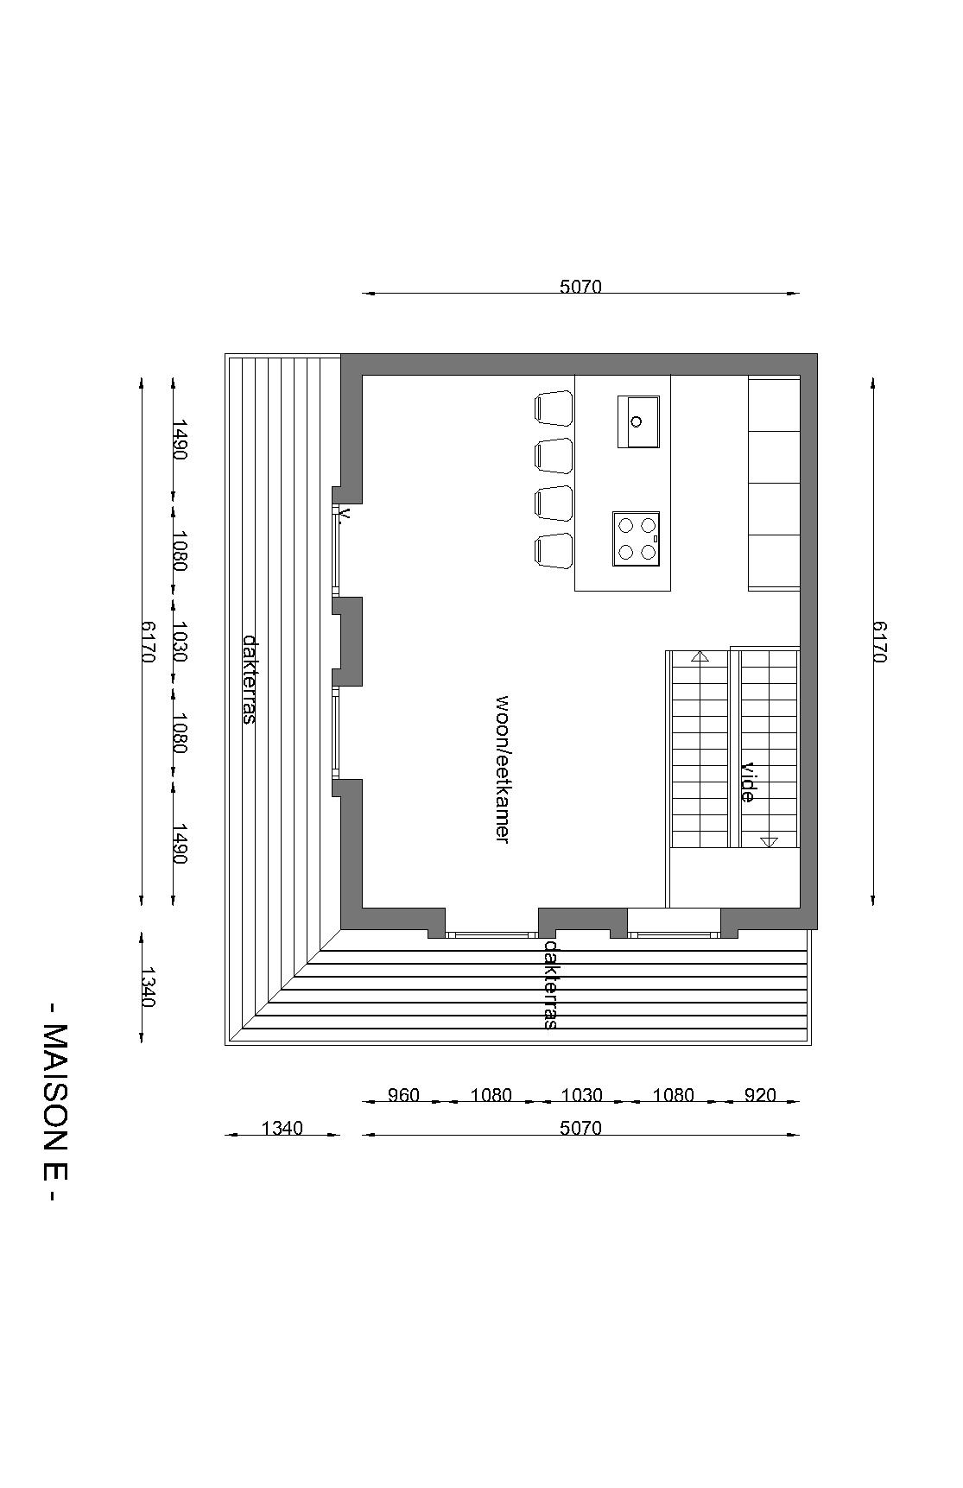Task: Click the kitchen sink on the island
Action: [x=638, y=421]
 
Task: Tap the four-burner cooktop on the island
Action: [x=637, y=539]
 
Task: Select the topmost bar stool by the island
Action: [x=554, y=408]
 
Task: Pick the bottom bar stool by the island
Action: [x=554, y=550]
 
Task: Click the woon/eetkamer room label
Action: [x=502, y=769]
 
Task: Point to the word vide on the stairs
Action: [x=748, y=782]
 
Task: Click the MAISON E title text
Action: [x=54, y=1102]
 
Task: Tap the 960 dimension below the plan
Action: [x=403, y=1095]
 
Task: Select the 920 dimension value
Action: [x=760, y=1095]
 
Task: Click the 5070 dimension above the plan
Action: [x=580, y=287]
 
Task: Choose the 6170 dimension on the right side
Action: [x=879, y=642]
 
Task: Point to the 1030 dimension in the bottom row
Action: [x=581, y=1095]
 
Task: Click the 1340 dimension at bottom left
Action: [x=282, y=1128]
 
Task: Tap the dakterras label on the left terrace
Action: [x=250, y=679]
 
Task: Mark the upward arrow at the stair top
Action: [x=700, y=656]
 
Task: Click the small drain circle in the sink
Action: [x=637, y=421]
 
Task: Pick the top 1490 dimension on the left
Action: [x=180, y=440]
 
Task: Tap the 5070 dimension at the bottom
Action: [x=580, y=1128]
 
